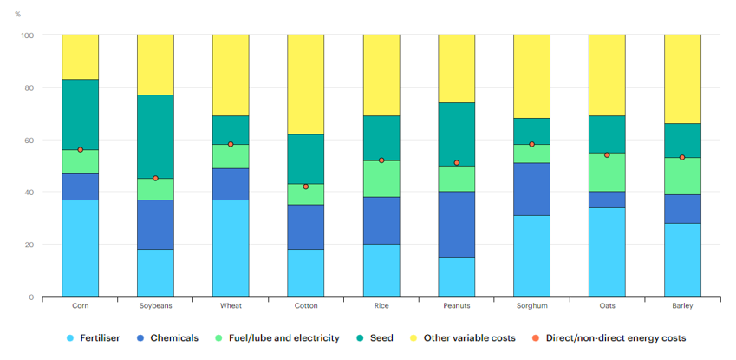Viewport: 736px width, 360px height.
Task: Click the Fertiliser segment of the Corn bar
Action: click(x=80, y=248)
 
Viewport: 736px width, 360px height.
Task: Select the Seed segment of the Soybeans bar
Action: click(x=155, y=136)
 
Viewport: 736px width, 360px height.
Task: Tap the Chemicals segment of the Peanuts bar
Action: click(x=456, y=224)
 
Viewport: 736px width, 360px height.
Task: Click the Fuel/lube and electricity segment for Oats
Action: click(x=607, y=172)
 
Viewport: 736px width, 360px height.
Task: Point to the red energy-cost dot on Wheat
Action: click(x=231, y=144)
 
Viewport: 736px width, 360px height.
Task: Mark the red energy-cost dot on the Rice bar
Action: click(x=381, y=160)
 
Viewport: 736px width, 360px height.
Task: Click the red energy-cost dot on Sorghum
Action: click(x=531, y=144)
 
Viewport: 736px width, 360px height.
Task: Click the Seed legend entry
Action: click(x=379, y=337)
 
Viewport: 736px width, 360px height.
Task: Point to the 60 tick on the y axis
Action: click(x=28, y=140)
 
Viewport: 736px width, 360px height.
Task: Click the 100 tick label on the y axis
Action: click(x=26, y=36)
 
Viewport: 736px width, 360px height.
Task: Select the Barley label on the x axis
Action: click(x=681, y=305)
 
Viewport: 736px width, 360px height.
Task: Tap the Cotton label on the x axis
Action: click(x=306, y=305)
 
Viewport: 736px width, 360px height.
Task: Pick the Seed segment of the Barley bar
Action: click(x=682, y=141)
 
